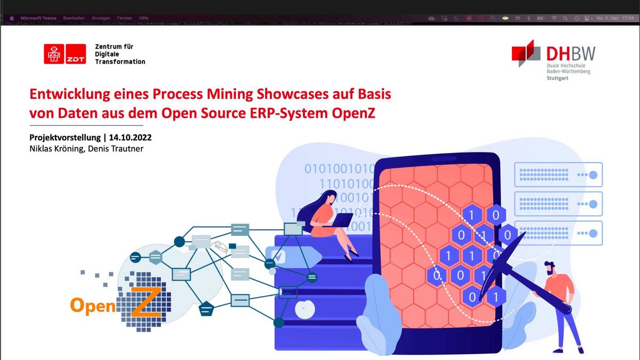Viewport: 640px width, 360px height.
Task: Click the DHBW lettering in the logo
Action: (x=571, y=53)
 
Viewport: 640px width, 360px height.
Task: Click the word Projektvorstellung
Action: (x=63, y=138)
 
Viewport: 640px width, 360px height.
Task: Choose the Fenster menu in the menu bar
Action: (x=125, y=18)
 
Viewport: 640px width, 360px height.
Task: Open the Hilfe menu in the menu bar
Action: (x=144, y=18)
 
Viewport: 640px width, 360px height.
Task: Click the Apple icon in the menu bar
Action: (x=11, y=18)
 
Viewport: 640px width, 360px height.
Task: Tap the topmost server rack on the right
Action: (x=558, y=174)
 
